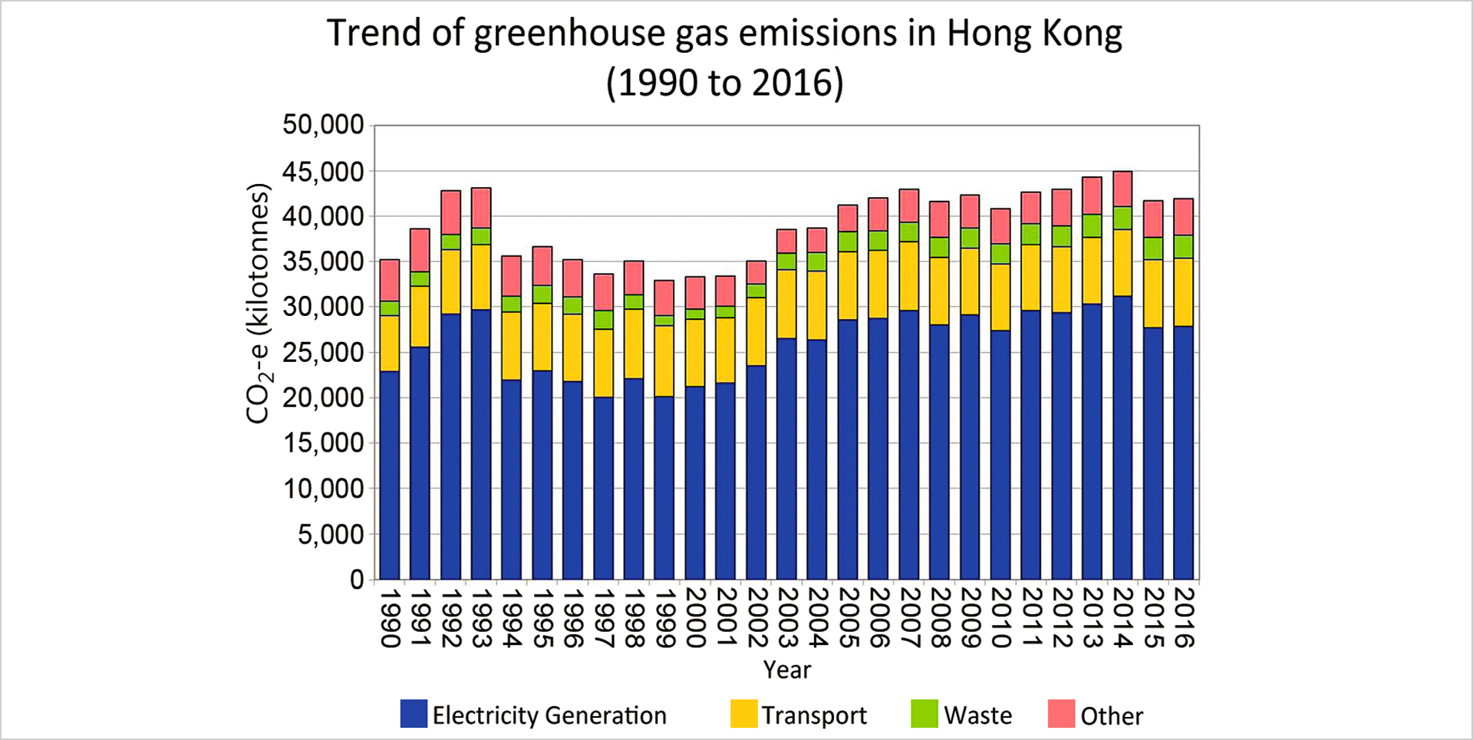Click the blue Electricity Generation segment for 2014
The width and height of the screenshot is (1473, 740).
[1122, 437]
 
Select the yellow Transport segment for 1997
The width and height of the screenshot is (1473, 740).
[604, 363]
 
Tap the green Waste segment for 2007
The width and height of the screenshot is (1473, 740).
[909, 232]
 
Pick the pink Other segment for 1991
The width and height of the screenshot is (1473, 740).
[420, 250]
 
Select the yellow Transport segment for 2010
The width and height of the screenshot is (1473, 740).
[1000, 297]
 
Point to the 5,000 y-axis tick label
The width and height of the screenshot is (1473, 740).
[331, 534]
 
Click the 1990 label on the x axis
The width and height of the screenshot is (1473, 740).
[390, 618]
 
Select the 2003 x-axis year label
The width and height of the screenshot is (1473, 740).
[787, 618]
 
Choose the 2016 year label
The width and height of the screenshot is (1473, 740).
[1184, 618]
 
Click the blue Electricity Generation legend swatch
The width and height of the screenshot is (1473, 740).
[414, 713]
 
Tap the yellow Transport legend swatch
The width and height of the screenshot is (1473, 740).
[743, 713]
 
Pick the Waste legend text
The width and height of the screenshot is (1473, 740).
[977, 715]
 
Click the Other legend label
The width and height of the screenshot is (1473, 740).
[1112, 716]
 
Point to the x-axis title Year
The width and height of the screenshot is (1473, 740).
[786, 669]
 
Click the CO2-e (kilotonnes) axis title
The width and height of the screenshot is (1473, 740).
[259, 304]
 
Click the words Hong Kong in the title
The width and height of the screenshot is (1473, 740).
[1033, 34]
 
